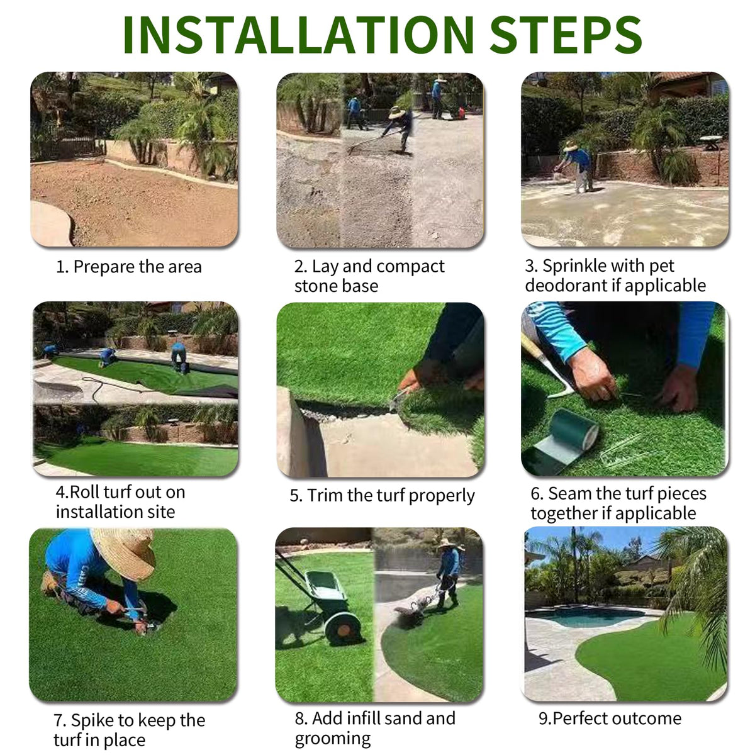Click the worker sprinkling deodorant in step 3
pos(576,166)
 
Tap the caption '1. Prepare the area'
pos(129,267)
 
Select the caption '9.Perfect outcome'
pos(610,718)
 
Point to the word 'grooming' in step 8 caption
pos(333,739)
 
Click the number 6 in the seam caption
pos(535,494)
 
